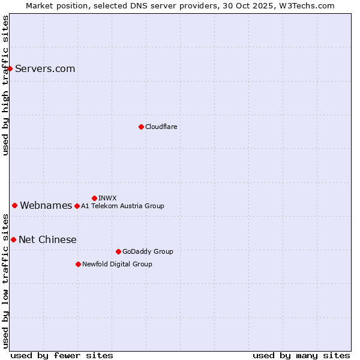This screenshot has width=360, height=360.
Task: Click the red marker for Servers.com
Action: [x=10, y=68]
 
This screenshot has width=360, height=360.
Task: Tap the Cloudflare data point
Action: [x=141, y=127]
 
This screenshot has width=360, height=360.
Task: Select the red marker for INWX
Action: [x=94, y=198]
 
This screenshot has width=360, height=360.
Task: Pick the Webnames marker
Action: [x=14, y=206]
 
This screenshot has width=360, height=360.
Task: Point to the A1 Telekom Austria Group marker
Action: [x=77, y=206]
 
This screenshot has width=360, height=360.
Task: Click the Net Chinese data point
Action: [x=13, y=240]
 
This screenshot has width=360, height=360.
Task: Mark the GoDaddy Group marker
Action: [x=118, y=251]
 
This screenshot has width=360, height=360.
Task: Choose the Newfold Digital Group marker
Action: [x=78, y=264]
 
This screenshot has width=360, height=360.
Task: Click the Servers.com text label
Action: [x=45, y=68]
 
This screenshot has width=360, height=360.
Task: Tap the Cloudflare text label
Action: [x=161, y=127]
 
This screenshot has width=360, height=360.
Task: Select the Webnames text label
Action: [x=46, y=206]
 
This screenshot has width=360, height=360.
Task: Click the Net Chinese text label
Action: [x=47, y=240]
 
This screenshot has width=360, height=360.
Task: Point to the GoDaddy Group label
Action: [x=148, y=251]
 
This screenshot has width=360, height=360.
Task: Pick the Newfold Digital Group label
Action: [x=117, y=264]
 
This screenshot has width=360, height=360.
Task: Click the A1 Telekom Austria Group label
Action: [x=122, y=206]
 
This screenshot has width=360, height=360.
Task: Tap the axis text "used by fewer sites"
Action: [x=62, y=355]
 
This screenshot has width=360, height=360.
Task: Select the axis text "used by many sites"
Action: [x=301, y=355]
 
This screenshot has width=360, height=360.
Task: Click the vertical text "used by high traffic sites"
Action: [x=5, y=85]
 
